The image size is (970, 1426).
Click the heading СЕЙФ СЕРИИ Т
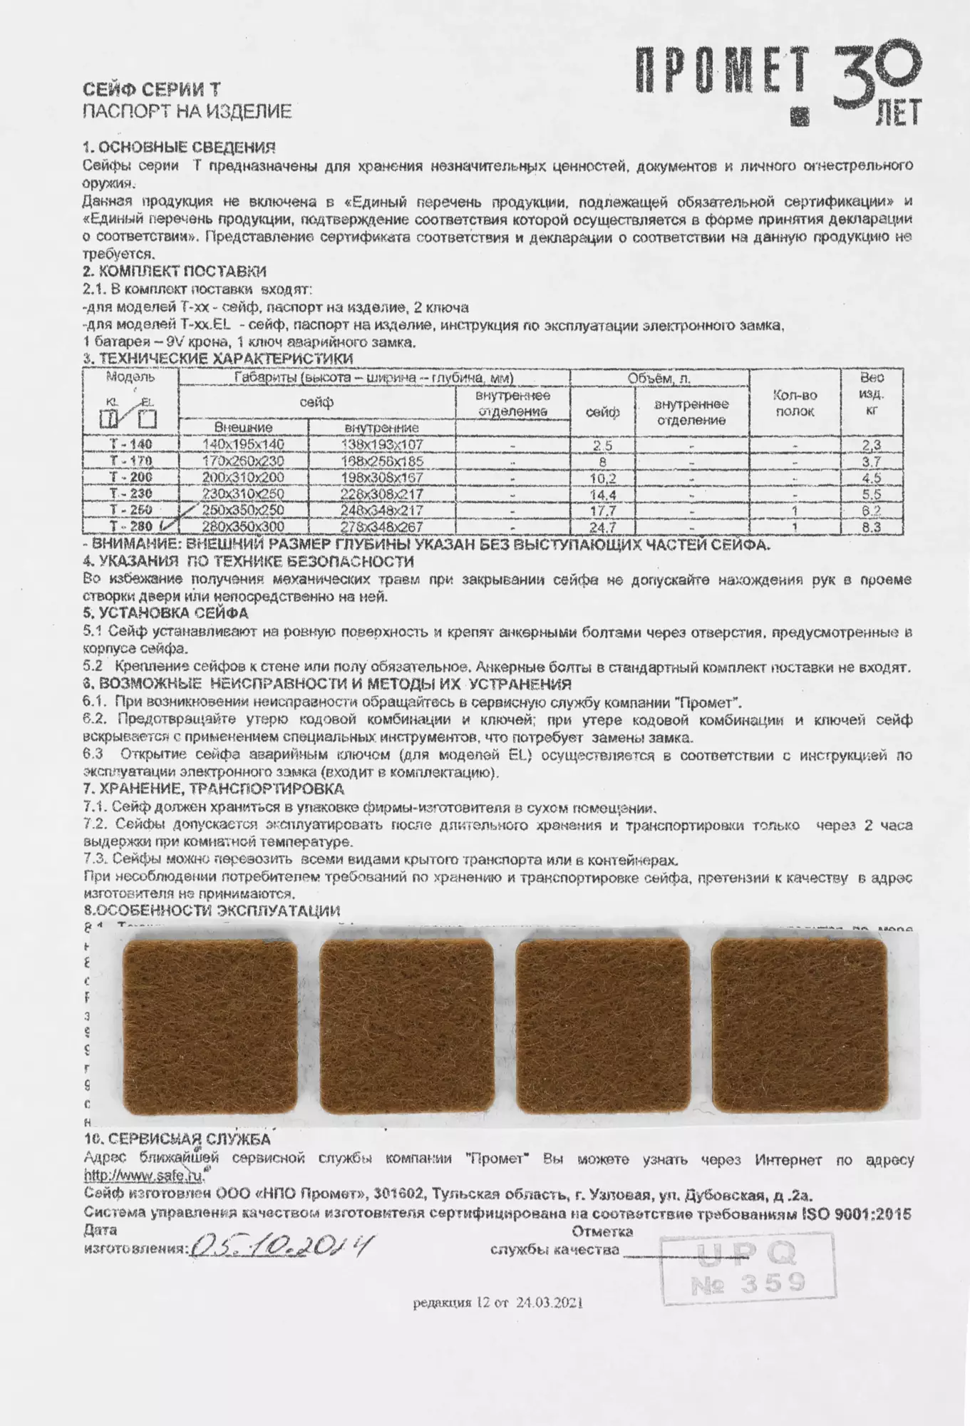pyautogui.click(x=152, y=90)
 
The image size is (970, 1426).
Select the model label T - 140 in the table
pyautogui.click(x=130, y=444)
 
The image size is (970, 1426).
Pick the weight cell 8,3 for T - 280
pyautogui.click(x=872, y=528)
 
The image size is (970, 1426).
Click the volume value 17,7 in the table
pyautogui.click(x=602, y=511)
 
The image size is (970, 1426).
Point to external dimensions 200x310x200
pyautogui.click(x=243, y=478)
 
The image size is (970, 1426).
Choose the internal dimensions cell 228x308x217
pyautogui.click(x=382, y=494)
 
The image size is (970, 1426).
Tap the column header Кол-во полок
pyautogui.click(x=795, y=404)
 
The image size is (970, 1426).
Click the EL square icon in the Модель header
pyautogui.click(x=148, y=419)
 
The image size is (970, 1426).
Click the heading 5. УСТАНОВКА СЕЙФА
pyautogui.click(x=166, y=613)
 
